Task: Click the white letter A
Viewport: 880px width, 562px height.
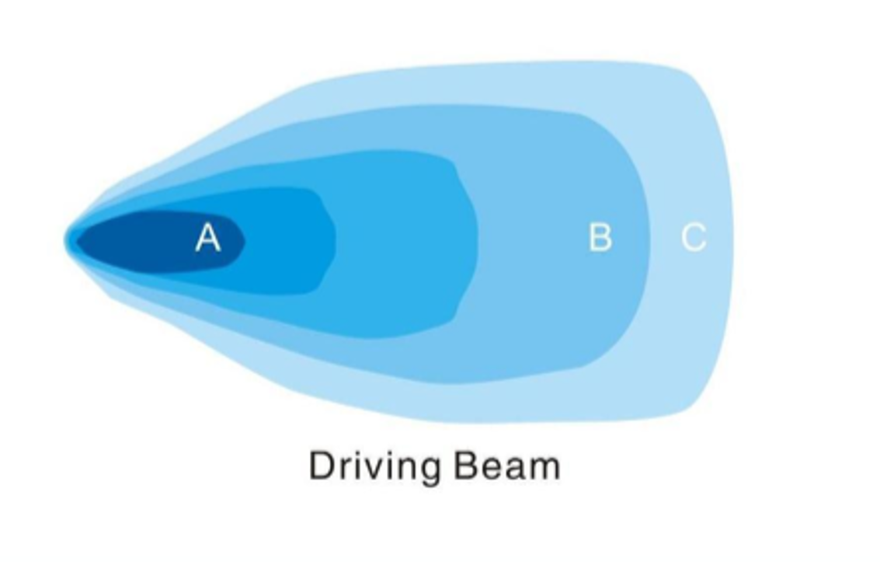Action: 207,237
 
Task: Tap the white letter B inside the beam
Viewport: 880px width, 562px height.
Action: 600,237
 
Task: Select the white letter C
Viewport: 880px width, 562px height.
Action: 694,237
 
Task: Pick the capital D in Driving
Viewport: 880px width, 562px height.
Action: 322,466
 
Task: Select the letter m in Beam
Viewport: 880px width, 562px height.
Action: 543,468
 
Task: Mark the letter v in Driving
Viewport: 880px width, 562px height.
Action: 373,468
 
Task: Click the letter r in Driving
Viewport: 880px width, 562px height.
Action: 346,468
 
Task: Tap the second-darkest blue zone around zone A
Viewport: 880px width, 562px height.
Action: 287,241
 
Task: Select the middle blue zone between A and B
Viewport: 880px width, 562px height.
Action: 404,241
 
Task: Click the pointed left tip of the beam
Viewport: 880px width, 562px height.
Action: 68,239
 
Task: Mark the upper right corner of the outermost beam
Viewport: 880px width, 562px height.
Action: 687,74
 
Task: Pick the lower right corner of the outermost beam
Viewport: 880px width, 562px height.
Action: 687,408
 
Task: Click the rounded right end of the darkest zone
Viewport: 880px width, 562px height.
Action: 242,241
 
